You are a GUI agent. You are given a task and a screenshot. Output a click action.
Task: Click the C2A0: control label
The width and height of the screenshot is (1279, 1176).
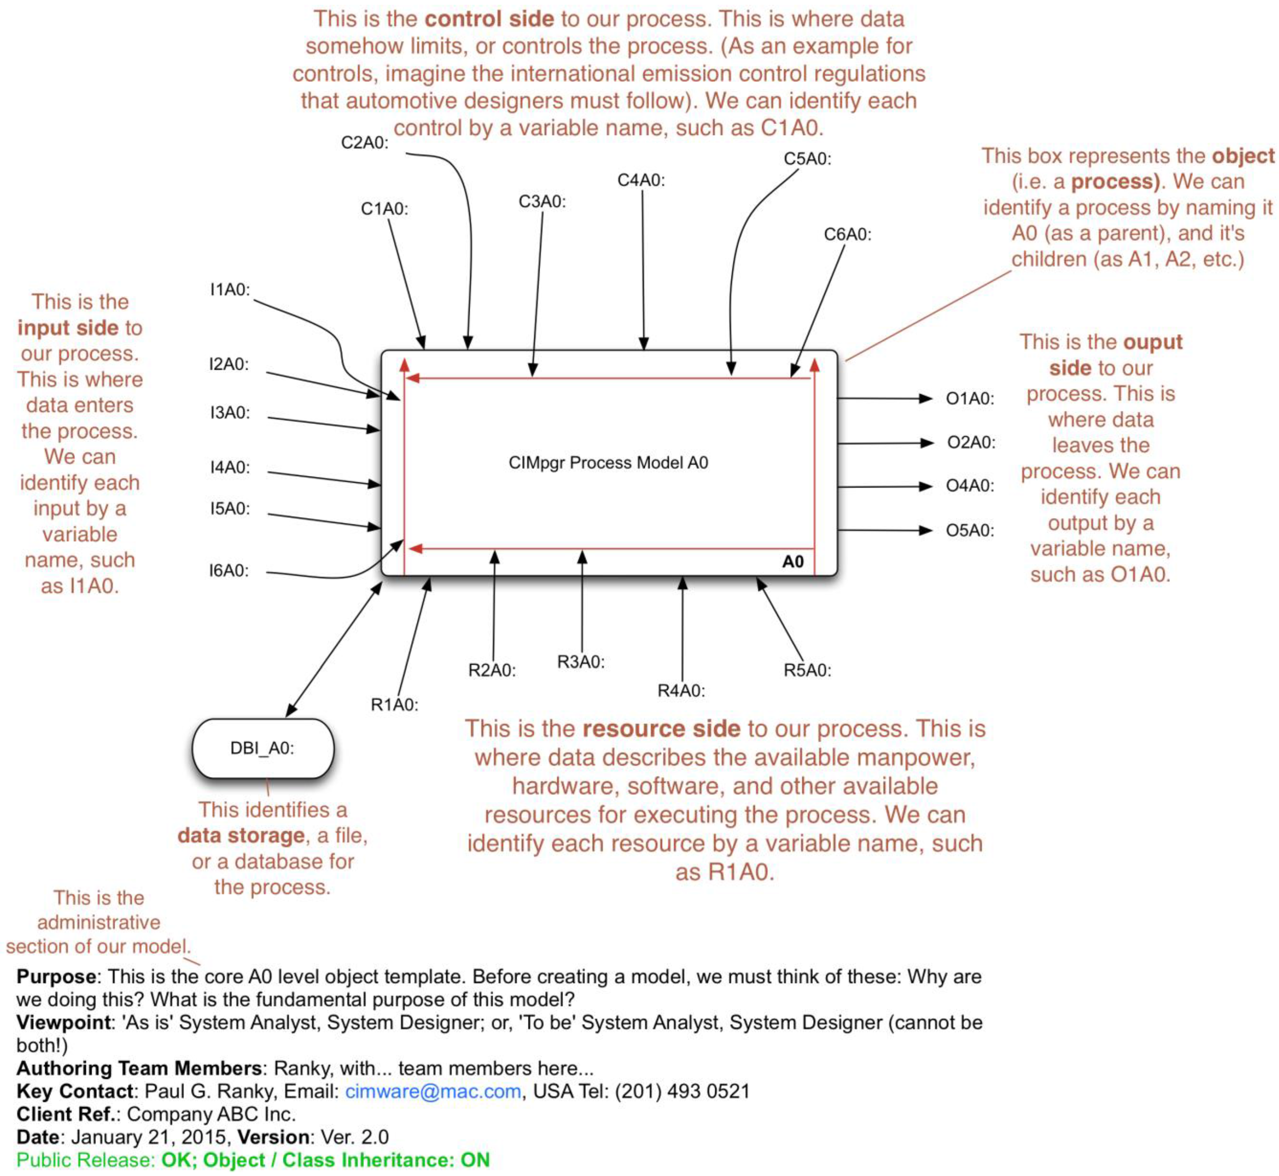[364, 143]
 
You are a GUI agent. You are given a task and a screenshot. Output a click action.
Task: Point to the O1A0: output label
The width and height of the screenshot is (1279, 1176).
[969, 399]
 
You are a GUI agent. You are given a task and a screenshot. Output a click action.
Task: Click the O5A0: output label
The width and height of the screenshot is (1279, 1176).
[969, 531]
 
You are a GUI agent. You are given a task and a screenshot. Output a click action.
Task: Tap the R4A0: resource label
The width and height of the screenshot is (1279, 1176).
[681, 691]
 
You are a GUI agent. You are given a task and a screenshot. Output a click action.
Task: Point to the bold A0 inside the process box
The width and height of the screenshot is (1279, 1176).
[792, 562]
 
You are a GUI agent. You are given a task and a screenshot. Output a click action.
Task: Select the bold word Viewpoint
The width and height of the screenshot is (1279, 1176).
[63, 1023]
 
